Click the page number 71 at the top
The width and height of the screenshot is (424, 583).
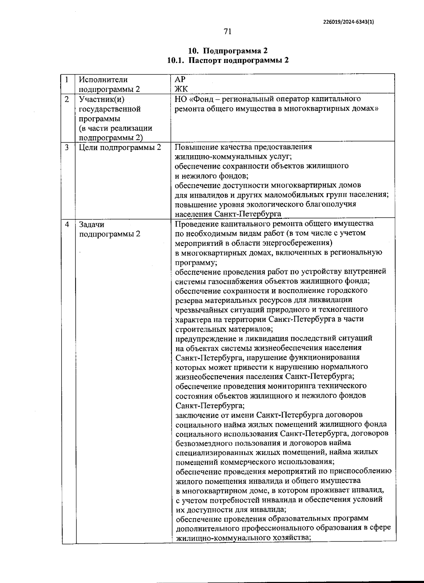coord(228,31)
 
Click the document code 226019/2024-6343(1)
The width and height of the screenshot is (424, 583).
coord(348,21)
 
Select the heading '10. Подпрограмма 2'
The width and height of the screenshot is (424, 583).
coord(228,50)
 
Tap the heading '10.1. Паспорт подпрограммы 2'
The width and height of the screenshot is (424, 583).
coord(228,60)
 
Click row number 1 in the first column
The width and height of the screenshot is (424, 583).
coord(67,80)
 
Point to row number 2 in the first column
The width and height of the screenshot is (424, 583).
coord(67,99)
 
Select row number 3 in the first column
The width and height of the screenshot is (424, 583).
coord(67,147)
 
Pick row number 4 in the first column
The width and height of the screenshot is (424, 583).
coord(67,224)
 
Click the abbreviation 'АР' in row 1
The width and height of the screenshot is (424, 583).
coord(180,80)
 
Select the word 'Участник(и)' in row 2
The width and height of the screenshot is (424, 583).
coord(102,99)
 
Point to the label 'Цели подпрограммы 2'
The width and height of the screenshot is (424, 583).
coord(120,147)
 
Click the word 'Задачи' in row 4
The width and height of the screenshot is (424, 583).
coord(92,225)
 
